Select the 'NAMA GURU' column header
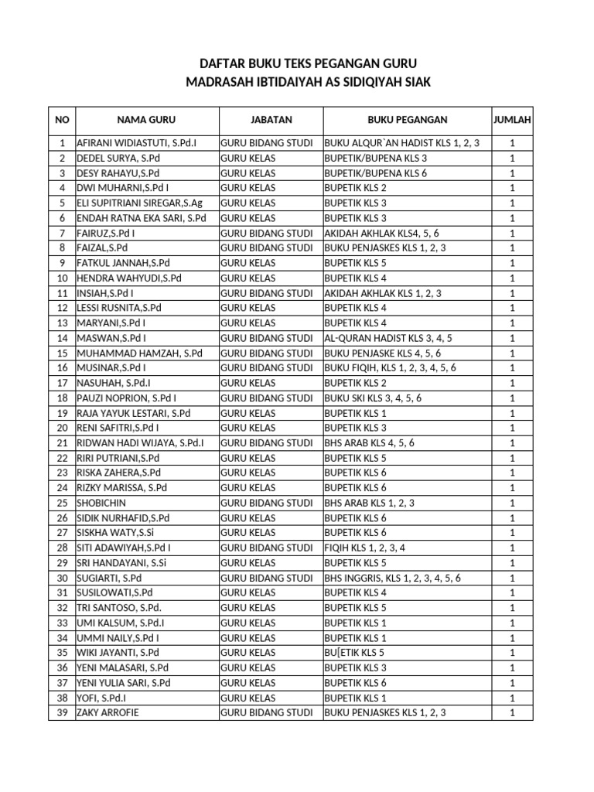[x=146, y=120]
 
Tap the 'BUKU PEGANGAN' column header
[x=407, y=120]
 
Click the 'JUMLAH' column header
[x=512, y=120]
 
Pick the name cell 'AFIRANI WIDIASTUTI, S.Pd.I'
[x=136, y=143]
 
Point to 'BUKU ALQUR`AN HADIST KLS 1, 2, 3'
[x=402, y=143]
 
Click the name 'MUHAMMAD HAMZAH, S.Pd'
[x=139, y=353]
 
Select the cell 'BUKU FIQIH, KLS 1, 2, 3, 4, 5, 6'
[x=391, y=367]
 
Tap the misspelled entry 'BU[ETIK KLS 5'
[x=355, y=653]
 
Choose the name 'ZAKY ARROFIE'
[x=108, y=712]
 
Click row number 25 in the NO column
[x=63, y=503]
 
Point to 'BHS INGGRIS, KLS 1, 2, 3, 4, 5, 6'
[x=393, y=578]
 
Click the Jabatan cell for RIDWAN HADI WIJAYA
[x=267, y=442]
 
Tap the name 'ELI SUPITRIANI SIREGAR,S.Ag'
[x=139, y=203]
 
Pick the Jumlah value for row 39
[x=512, y=712]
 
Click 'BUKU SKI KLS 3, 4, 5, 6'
[x=373, y=398]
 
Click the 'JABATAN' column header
[x=271, y=120]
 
